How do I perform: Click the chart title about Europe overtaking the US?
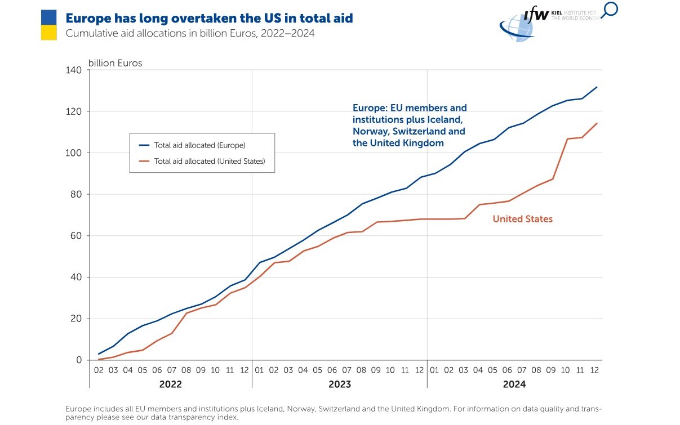(x=209, y=18)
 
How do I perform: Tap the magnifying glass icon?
(x=610, y=10)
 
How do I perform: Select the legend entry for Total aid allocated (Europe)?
(x=192, y=145)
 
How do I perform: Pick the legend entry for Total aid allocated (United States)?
(x=202, y=161)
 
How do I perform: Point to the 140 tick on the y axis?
(x=73, y=70)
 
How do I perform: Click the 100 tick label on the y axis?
(x=73, y=153)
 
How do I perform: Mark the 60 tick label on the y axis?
(x=76, y=236)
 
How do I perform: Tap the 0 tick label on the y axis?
(x=79, y=360)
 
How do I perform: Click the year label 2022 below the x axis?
(x=171, y=384)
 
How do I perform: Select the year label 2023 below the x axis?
(x=340, y=384)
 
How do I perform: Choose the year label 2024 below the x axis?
(x=514, y=384)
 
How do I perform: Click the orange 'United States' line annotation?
(x=522, y=219)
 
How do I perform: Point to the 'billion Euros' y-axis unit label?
(x=115, y=63)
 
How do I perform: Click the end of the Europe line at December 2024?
(x=597, y=87)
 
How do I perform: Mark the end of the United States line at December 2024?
(x=597, y=123)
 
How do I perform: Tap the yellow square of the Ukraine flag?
(x=49, y=33)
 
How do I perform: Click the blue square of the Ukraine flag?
(x=49, y=17)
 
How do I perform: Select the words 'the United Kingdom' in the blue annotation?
(x=398, y=143)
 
